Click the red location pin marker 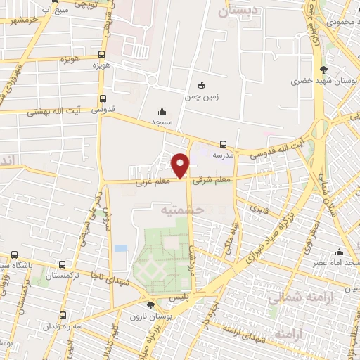point(181,165)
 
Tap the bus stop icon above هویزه point(102,54)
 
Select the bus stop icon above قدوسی point(103,99)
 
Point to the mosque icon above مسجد point(163,111)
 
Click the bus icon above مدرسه point(223,144)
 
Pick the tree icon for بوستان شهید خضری point(323,70)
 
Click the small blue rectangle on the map point(121,249)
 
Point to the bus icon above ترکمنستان point(64,265)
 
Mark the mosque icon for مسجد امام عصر point(340,252)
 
